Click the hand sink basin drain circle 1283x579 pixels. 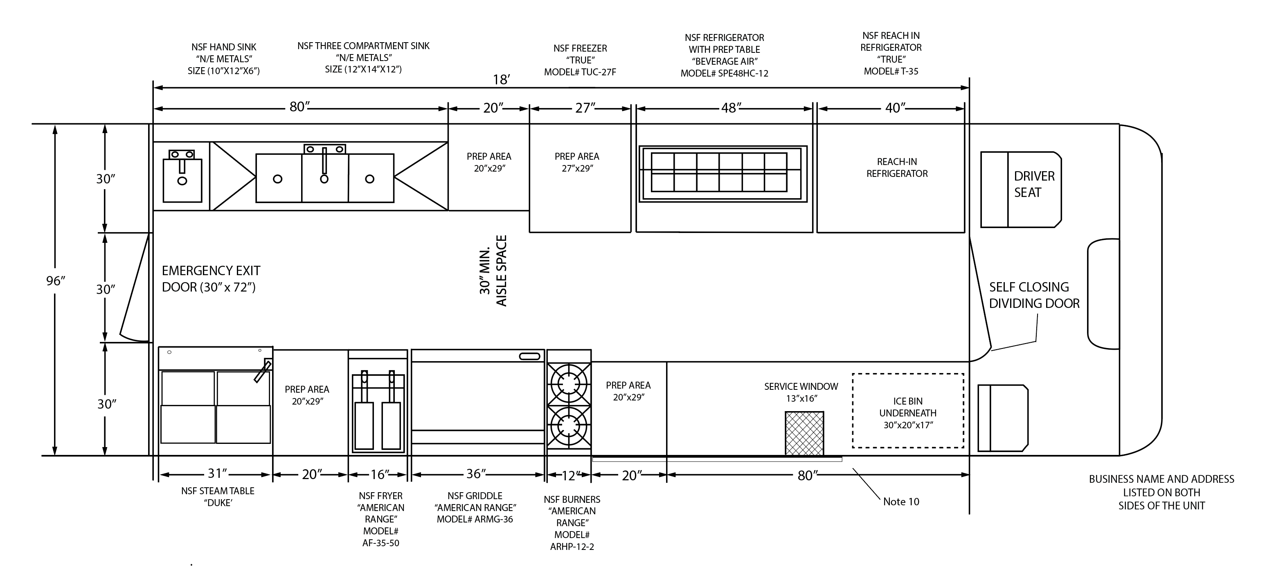182,181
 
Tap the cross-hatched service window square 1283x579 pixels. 804,433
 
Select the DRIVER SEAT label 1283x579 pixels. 1034,184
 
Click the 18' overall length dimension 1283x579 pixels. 502,80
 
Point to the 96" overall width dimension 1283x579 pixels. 56,281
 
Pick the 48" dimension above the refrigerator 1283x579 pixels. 731,108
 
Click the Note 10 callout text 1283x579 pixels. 901,501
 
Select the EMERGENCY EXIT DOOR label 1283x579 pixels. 211,279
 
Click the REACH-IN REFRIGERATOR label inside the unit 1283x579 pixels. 897,167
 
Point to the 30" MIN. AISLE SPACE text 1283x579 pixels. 493,271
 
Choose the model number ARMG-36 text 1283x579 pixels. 475,519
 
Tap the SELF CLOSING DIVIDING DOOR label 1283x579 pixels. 1034,295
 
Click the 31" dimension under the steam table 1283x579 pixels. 218,473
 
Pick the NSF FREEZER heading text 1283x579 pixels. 580,48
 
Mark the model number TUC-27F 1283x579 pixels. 580,72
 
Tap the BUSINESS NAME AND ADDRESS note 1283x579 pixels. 1161,492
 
